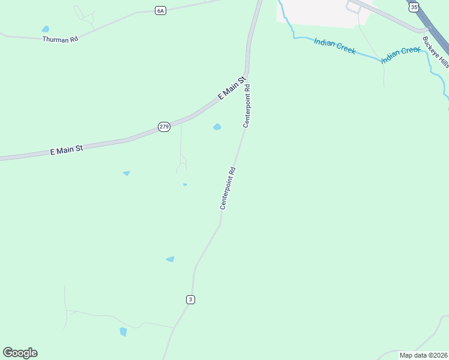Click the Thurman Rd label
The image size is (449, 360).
[x=61, y=39]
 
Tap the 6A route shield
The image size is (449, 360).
[x=160, y=10]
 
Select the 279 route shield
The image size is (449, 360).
[x=164, y=126]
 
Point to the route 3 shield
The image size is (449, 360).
[x=190, y=299]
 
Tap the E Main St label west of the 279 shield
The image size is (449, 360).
[x=66, y=150]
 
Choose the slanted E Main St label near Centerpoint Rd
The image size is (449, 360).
[x=232, y=88]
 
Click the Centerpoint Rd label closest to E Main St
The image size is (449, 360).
[x=246, y=106]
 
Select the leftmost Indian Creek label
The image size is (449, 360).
[x=334, y=46]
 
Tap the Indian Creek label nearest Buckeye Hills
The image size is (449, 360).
[x=401, y=54]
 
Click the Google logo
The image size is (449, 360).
[x=20, y=353]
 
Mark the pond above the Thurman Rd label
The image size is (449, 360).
[x=46, y=29]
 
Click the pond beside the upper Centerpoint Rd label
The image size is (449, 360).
[x=217, y=127]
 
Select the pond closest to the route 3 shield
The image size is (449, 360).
[x=170, y=259]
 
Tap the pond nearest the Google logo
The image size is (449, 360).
[x=123, y=331]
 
